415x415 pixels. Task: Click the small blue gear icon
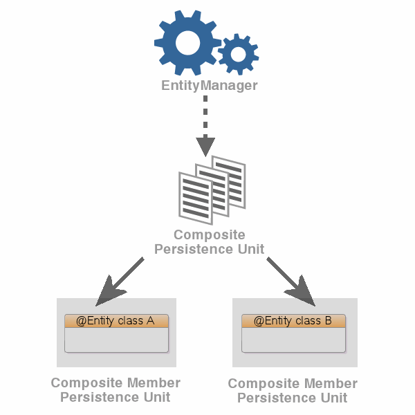[238, 53]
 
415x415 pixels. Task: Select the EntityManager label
[209, 86]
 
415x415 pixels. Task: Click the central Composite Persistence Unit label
[209, 242]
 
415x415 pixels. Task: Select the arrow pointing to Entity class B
[290, 281]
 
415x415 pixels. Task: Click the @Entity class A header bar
[116, 321]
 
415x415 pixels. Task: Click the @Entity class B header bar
[293, 321]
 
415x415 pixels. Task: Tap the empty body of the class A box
[116, 340]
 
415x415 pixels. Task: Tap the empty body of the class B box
[293, 340]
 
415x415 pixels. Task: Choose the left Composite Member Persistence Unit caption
[116, 390]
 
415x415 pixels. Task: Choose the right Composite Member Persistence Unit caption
[293, 391]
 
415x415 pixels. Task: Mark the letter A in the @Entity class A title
[150, 321]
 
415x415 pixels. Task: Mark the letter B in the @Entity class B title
[328, 321]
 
